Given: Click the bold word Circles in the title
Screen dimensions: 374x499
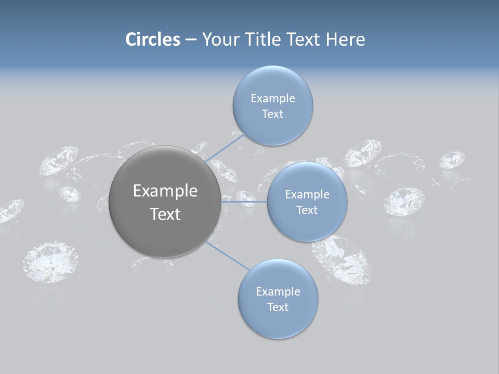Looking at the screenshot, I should pyautogui.click(x=153, y=39).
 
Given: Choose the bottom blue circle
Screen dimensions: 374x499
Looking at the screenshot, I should pyautogui.click(x=278, y=322).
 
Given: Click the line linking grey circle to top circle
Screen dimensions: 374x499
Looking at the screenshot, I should pyautogui.click(x=225, y=148).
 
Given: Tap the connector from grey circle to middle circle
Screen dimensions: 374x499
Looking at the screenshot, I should pyautogui.click(x=244, y=201).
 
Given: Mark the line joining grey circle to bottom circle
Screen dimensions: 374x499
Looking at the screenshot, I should pyautogui.click(x=227, y=256).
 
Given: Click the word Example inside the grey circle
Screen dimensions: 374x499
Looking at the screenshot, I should pyautogui.click(x=165, y=191).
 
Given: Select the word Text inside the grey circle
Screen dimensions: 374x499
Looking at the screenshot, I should pyautogui.click(x=165, y=214).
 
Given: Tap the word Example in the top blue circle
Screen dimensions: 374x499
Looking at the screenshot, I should pyautogui.click(x=272, y=99).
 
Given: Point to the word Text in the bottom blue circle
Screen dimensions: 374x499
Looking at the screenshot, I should pyautogui.click(x=278, y=308).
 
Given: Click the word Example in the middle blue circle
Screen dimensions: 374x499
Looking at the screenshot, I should pyautogui.click(x=307, y=195).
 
